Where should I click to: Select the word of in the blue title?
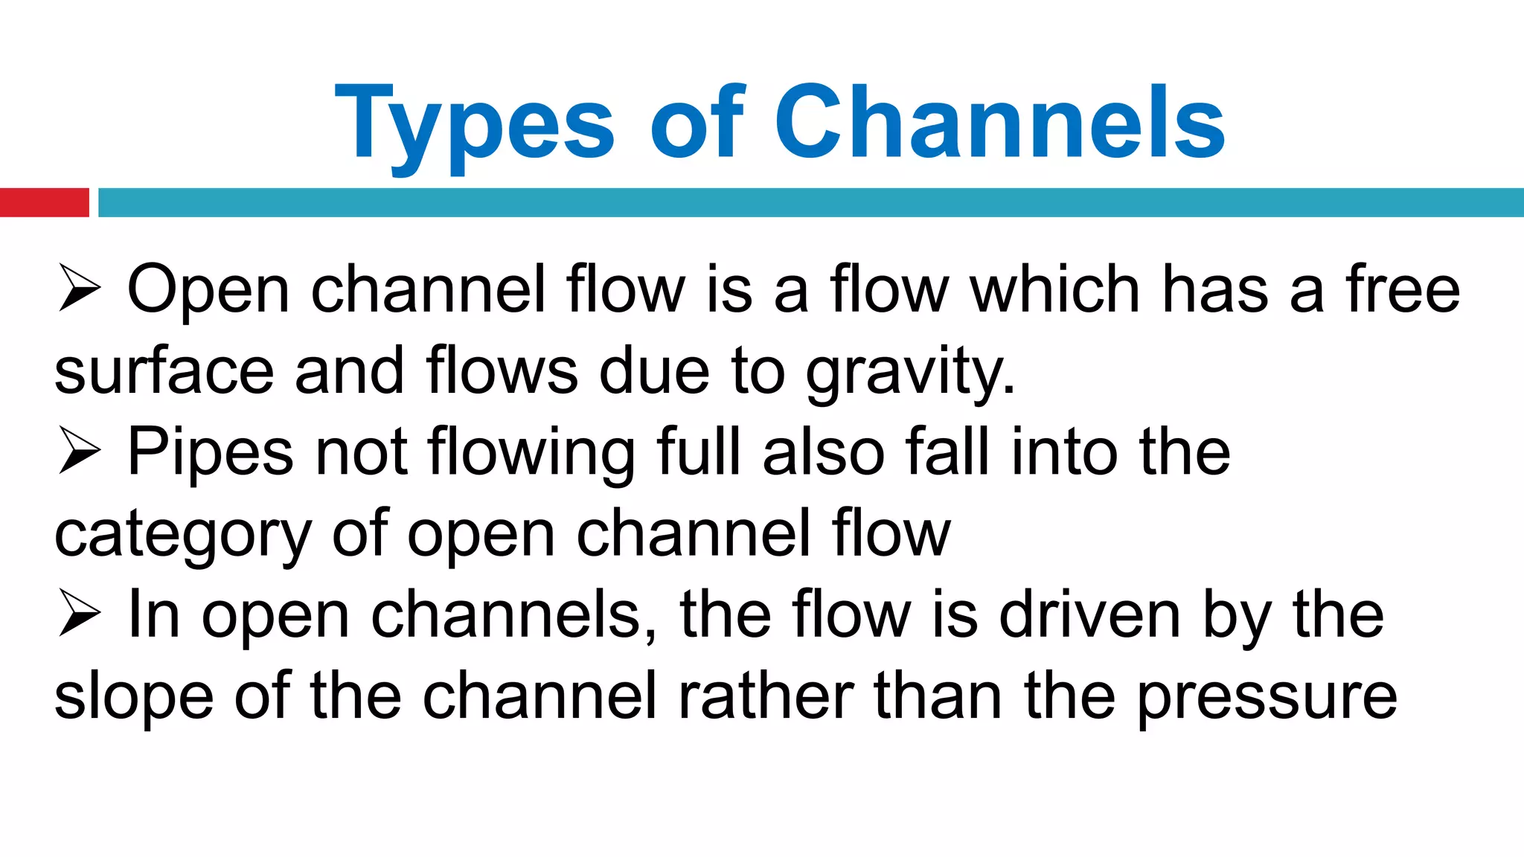click(x=696, y=122)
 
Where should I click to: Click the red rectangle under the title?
click(x=44, y=202)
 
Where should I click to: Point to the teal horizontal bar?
click(x=810, y=202)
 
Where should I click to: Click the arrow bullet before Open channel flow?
click(x=79, y=289)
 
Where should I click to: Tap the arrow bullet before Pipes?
click(x=79, y=452)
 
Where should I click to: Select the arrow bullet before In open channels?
click(x=79, y=614)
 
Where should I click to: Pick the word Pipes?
click(x=211, y=452)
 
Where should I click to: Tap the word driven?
click(x=1090, y=614)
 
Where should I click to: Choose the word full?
click(x=699, y=452)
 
